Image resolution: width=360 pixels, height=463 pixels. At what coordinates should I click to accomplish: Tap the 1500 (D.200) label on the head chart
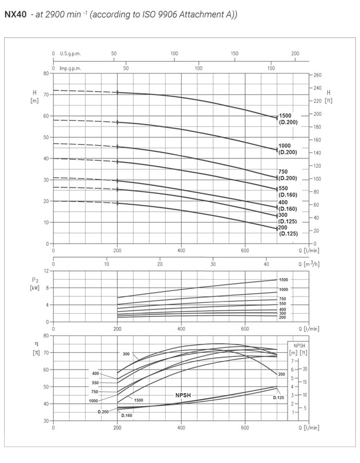pos(287,119)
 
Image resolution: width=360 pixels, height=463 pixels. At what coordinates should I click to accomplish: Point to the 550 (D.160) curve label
pos(287,191)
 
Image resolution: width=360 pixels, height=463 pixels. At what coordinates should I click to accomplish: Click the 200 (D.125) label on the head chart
pos(287,230)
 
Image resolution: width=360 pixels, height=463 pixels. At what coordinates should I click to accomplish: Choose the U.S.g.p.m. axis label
pos(70,54)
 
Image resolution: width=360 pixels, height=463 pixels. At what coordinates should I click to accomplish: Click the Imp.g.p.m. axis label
pos(70,68)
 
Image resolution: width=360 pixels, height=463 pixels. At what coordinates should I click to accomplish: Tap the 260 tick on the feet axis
pos(317,75)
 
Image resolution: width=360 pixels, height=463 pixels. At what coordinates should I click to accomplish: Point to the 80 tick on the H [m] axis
pos(45,74)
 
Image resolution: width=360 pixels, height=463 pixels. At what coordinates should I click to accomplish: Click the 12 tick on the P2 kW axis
pos(46,271)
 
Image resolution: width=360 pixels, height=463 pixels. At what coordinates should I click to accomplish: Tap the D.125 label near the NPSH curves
pos(279,398)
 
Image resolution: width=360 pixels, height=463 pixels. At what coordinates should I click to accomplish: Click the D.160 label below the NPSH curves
pos(127,415)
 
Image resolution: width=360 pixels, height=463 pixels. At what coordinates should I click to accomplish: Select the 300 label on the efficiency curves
pos(126,354)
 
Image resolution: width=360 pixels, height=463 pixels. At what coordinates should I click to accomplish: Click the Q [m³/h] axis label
pos(308,264)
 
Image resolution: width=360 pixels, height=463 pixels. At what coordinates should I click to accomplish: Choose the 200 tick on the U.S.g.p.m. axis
pos(295,54)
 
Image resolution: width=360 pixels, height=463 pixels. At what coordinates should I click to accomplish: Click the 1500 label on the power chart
pos(283,279)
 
